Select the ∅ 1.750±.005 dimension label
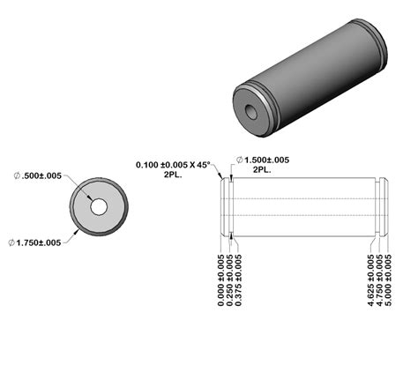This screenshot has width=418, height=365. [34, 242]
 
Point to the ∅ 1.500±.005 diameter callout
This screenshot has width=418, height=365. [265, 160]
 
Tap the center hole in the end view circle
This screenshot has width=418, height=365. [98, 206]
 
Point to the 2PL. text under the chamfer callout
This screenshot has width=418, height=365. [175, 175]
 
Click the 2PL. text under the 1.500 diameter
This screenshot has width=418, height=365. [262, 170]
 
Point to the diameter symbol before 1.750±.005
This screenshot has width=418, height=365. [11, 242]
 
